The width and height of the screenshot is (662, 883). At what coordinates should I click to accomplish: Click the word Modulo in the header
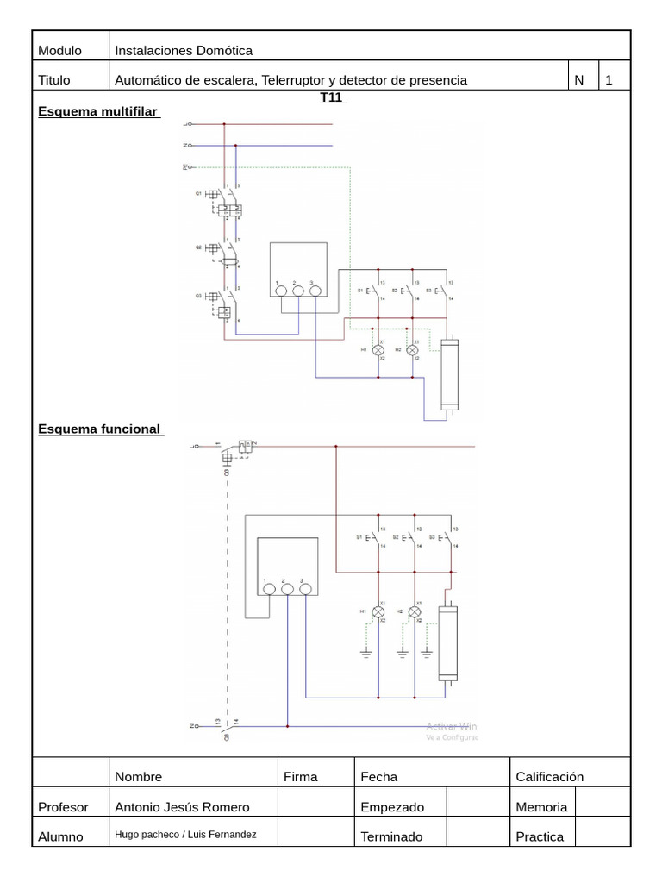(59, 51)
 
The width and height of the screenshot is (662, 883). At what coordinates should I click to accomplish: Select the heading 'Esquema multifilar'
(98, 112)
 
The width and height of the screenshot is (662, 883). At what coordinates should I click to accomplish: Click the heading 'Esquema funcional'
(99, 429)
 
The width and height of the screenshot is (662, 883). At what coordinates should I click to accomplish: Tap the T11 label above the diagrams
(331, 97)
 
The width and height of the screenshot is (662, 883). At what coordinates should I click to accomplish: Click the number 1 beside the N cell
(609, 80)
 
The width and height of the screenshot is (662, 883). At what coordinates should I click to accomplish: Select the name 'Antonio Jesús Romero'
(182, 807)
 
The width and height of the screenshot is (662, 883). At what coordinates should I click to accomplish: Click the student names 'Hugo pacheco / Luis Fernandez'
(185, 835)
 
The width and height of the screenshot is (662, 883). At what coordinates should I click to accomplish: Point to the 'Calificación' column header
(549, 777)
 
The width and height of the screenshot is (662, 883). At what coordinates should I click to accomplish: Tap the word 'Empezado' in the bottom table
(392, 807)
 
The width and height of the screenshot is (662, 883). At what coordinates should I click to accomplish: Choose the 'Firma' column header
(300, 777)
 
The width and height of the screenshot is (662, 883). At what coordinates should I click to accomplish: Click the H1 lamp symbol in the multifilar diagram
(378, 350)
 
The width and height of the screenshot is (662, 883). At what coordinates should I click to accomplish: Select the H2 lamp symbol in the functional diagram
(414, 611)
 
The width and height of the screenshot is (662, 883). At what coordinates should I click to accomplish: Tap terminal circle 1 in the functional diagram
(268, 589)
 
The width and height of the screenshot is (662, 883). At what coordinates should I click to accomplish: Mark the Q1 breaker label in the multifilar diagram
(197, 194)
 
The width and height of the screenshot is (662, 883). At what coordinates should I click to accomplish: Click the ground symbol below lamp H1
(365, 653)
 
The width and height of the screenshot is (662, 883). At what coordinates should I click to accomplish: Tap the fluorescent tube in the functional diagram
(448, 642)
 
